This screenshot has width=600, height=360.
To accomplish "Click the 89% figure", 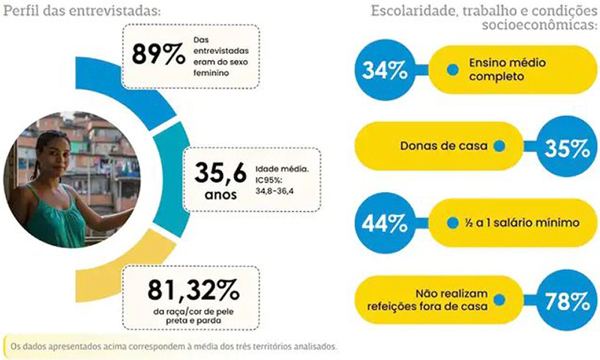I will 159,55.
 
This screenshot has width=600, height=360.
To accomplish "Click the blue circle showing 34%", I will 385,70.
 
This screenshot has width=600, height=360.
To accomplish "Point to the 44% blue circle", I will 385,223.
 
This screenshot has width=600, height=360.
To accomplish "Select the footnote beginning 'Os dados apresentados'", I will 172,346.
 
